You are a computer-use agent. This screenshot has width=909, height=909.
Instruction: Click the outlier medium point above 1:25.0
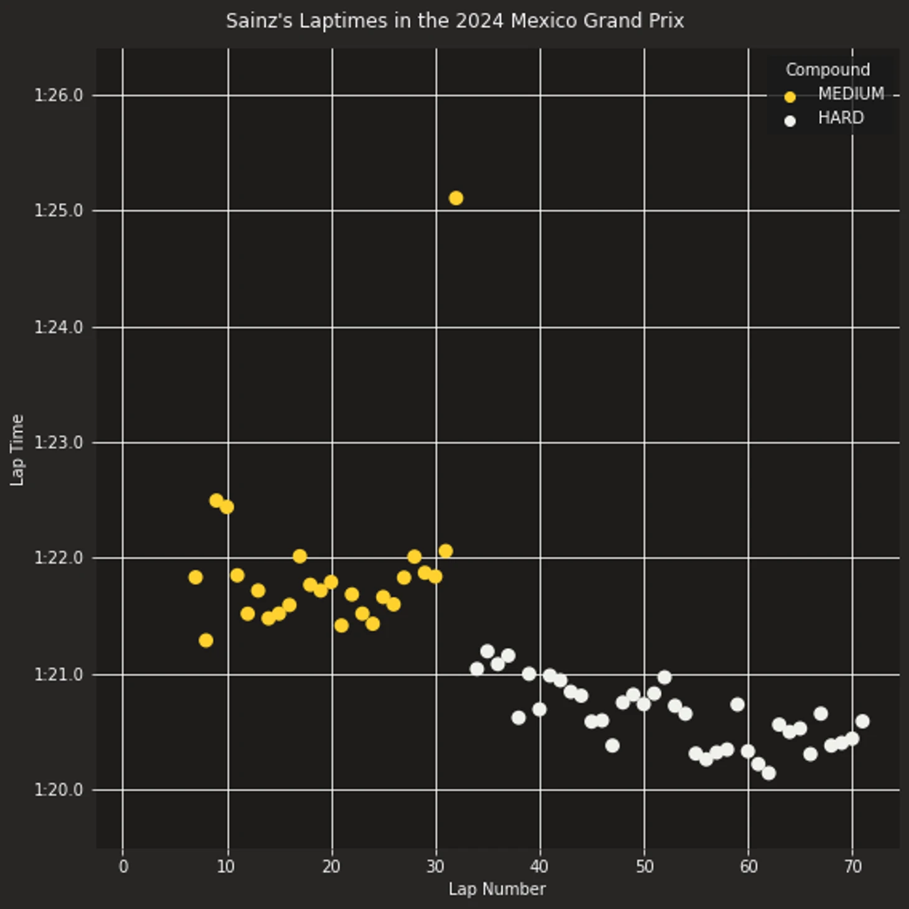pyautogui.click(x=456, y=198)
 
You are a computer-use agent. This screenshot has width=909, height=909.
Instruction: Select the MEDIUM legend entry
pyautogui.click(x=850, y=94)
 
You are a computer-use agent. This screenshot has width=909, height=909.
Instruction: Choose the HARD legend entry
pyautogui.click(x=841, y=118)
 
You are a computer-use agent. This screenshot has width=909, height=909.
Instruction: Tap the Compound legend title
pyautogui.click(x=827, y=70)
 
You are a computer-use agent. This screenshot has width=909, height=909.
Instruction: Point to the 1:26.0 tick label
pyautogui.click(x=58, y=95)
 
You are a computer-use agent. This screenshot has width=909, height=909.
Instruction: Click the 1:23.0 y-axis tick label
pyautogui.click(x=58, y=443)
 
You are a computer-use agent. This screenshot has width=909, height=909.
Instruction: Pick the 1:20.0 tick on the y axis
pyautogui.click(x=58, y=790)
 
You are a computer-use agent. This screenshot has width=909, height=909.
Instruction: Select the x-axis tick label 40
pyautogui.click(x=540, y=867)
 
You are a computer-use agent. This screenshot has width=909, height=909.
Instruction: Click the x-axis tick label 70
pyautogui.click(x=853, y=867)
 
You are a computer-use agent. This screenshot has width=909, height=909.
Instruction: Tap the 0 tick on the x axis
pyautogui.click(x=123, y=867)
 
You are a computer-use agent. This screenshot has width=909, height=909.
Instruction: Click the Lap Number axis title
pyautogui.click(x=497, y=889)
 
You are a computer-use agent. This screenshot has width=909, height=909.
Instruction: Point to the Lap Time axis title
pyautogui.click(x=17, y=450)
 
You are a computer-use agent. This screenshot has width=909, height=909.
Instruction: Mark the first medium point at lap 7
pyautogui.click(x=195, y=577)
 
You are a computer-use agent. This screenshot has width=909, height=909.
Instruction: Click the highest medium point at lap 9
pyautogui.click(x=217, y=501)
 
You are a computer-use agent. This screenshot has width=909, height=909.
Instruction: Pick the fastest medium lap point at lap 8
pyautogui.click(x=206, y=640)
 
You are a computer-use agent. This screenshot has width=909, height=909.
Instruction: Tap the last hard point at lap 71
pyautogui.click(x=862, y=722)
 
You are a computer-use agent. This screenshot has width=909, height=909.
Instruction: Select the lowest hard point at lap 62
pyautogui.click(x=769, y=773)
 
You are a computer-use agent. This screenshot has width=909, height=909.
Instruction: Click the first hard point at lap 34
pyautogui.click(x=477, y=669)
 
